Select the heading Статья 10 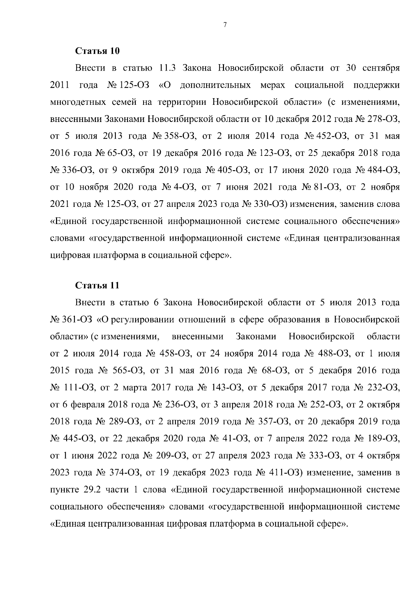(98, 51)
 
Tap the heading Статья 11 (98, 285)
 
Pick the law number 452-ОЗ (330, 136)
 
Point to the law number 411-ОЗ (287, 473)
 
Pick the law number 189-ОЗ (383, 439)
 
